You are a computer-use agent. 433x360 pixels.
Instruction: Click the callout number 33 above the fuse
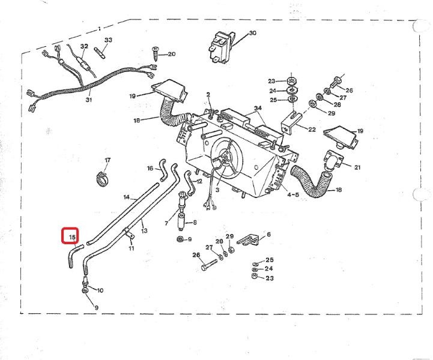coord(108,40)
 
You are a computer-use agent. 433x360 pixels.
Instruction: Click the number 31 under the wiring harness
coord(88,100)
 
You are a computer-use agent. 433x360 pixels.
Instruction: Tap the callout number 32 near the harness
coord(84,46)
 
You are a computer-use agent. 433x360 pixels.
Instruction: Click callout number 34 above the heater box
coord(258,109)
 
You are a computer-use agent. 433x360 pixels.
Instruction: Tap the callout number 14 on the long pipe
coord(126,197)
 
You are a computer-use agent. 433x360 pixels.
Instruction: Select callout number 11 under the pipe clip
coord(131,248)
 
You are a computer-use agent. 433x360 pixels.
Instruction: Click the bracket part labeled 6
coord(249,240)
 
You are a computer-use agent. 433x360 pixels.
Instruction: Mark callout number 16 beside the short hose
coord(150,168)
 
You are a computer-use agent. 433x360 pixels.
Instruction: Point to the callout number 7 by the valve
coord(166,223)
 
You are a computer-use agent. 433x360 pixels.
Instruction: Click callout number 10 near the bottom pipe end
coord(100,290)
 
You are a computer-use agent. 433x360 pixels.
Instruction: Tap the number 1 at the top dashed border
coord(99,28)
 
